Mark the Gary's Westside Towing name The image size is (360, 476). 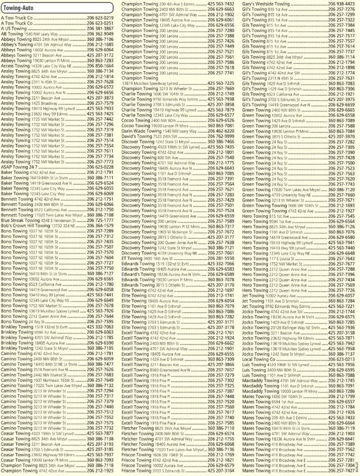(x=256, y=4)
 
